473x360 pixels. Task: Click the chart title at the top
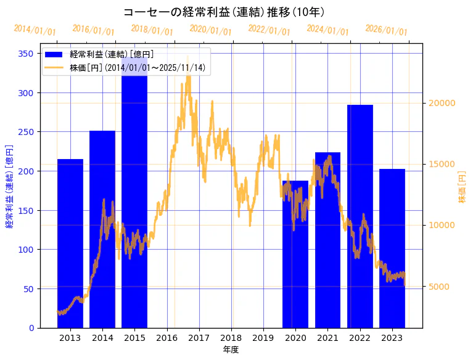click(224, 12)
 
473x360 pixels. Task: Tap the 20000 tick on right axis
click(442, 103)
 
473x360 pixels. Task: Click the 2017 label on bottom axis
click(199, 338)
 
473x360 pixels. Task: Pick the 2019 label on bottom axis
click(263, 338)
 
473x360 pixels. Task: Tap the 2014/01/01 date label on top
click(35, 30)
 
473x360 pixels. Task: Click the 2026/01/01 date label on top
click(386, 30)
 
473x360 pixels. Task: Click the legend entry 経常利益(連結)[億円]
click(111, 54)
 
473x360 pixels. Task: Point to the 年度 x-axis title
click(231, 350)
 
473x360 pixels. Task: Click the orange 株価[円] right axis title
click(463, 187)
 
